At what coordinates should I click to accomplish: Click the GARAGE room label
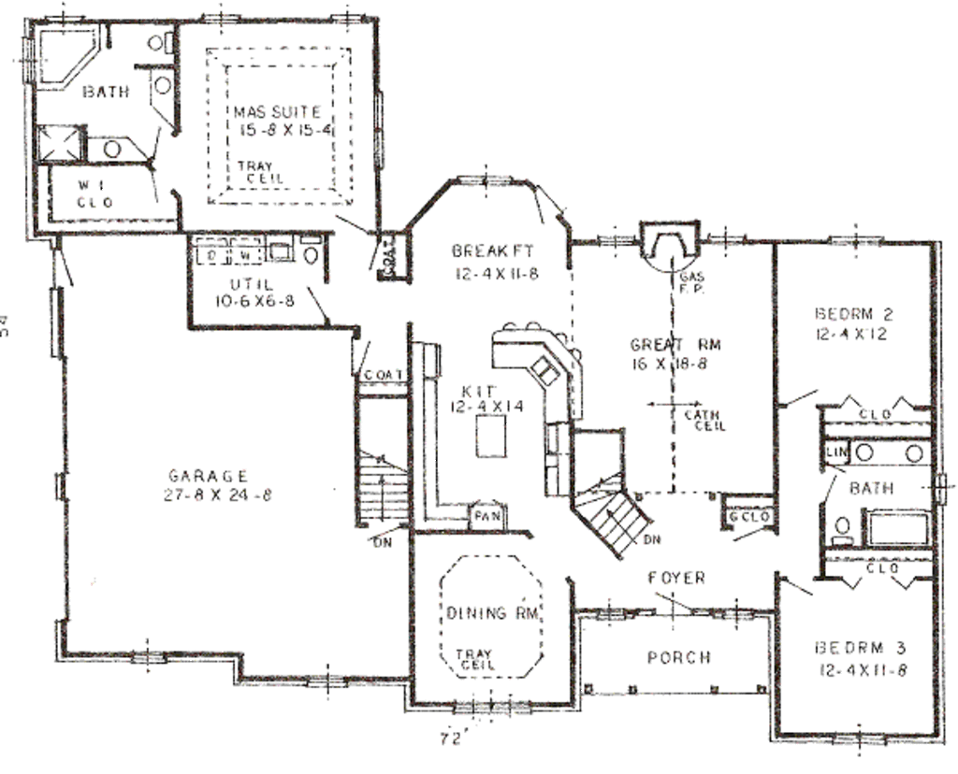[x=209, y=475]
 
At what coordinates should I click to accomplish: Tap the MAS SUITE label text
[x=278, y=112]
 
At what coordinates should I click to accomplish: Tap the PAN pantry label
[x=486, y=516]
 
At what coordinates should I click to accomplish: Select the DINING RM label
[x=489, y=613]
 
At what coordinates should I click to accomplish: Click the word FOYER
[x=675, y=579]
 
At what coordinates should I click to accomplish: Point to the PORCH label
[x=679, y=658]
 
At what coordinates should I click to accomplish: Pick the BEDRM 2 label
[x=852, y=313]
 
